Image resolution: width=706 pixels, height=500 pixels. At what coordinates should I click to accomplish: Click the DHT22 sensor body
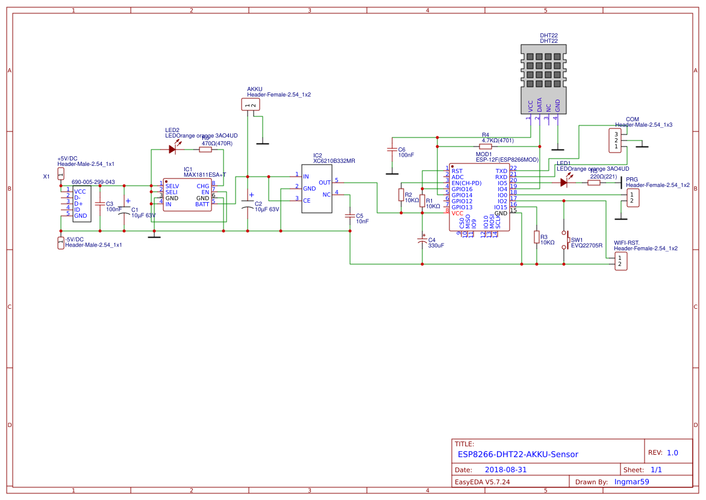click(544, 78)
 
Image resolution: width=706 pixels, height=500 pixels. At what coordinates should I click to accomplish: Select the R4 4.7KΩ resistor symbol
click(486, 147)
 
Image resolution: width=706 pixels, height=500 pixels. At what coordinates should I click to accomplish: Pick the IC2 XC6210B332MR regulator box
click(317, 188)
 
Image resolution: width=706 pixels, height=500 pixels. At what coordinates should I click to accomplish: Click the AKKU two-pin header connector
click(250, 105)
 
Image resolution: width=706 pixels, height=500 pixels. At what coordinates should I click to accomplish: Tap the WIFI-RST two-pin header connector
click(619, 261)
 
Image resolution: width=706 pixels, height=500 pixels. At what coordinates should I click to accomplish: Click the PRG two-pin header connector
click(632, 197)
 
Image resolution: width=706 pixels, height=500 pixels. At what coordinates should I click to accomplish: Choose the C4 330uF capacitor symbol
click(422, 241)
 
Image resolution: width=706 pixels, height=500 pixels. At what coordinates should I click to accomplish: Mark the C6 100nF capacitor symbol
click(392, 149)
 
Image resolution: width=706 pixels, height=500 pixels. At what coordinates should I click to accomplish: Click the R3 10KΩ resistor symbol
click(536, 237)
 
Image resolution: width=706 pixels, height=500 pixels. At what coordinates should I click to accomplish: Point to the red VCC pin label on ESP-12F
click(458, 213)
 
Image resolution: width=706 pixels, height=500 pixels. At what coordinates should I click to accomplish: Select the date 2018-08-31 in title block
click(506, 469)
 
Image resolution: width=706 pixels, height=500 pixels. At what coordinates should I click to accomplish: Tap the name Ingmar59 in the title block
click(631, 481)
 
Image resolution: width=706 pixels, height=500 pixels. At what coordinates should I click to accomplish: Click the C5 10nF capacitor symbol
click(350, 215)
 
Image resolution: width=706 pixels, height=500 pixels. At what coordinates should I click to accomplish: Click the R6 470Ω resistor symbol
click(205, 150)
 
